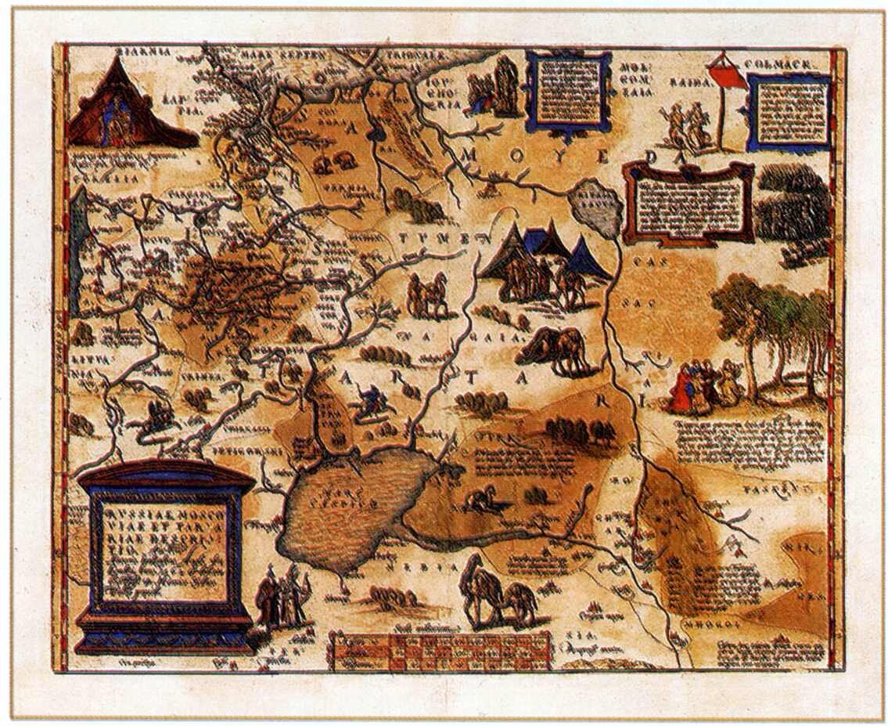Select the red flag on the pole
click(727, 76)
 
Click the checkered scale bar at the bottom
click(442, 651)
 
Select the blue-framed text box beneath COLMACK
click(789, 111)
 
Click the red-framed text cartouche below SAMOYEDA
click(688, 202)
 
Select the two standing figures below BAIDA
click(683, 125)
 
